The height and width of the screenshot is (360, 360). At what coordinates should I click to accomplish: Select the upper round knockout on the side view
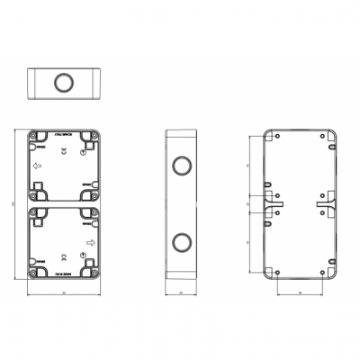point(182,167)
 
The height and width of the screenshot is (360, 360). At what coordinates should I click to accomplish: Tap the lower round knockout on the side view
point(182,240)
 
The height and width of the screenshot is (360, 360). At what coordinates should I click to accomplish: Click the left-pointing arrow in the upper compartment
point(38,166)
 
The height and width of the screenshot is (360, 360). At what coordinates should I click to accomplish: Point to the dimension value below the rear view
point(300,293)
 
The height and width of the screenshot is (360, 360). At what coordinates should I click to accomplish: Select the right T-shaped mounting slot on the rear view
point(326,204)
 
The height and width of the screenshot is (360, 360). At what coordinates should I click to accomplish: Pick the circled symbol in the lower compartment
point(83,256)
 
